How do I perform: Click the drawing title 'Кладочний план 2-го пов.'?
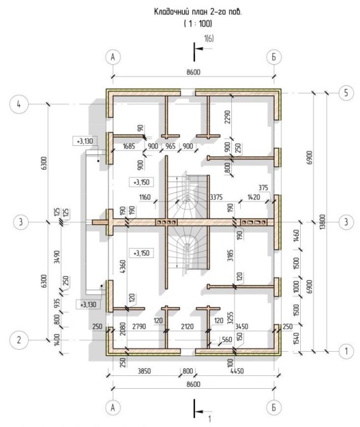click(x=198, y=12)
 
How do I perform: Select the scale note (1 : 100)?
click(x=198, y=24)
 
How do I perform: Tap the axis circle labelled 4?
click(x=18, y=105)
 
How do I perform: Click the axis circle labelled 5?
click(x=346, y=93)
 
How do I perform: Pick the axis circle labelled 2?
click(x=18, y=340)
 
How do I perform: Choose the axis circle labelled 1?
click(x=346, y=351)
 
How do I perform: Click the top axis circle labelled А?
click(x=113, y=57)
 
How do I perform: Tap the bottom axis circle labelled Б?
click(x=274, y=407)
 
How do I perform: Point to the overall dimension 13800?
click(x=323, y=222)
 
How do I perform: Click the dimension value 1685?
click(x=129, y=146)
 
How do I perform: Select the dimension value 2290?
click(x=227, y=117)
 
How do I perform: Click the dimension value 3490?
click(x=57, y=257)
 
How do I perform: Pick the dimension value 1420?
click(x=253, y=197)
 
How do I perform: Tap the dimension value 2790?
click(x=139, y=326)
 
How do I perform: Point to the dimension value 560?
click(x=227, y=339)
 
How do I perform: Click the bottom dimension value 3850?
click(x=144, y=371)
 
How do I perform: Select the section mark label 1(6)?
click(x=209, y=39)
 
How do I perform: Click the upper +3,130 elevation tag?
click(x=85, y=141)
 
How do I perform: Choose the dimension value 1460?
click(x=296, y=236)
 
